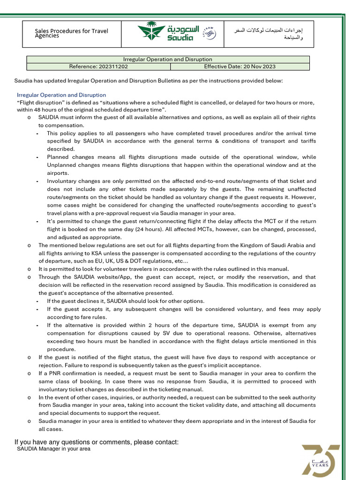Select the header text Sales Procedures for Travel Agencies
[x=71, y=33]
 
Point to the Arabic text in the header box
[x=269, y=34]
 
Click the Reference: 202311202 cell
[x=98, y=67]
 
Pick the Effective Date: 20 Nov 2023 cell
[x=240, y=67]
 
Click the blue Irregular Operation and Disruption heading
[x=61, y=95]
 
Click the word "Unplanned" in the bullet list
[x=62, y=165]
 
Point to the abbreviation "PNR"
[x=51, y=373]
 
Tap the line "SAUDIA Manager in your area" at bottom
[x=53, y=449]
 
